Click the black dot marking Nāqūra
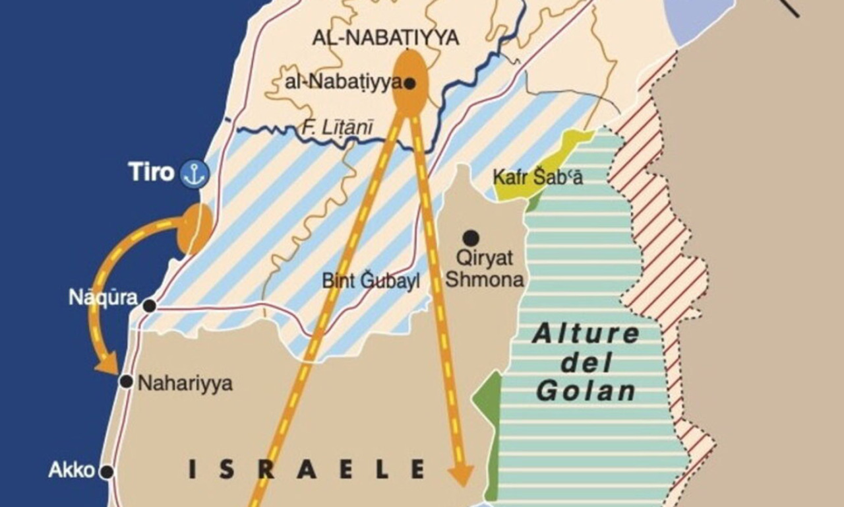click(x=150, y=306)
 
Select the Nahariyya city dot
click(x=126, y=381)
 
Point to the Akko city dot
click(x=105, y=472)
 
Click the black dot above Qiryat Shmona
click(x=470, y=238)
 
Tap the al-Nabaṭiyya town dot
click(x=409, y=83)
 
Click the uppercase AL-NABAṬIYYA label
click(x=386, y=38)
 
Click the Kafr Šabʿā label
click(x=538, y=178)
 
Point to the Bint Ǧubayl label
click(x=371, y=281)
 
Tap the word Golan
click(x=586, y=391)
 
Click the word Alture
click(x=586, y=334)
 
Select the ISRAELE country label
click(x=307, y=469)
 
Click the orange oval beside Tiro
click(x=195, y=228)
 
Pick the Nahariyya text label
click(x=185, y=384)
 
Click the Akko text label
click(x=71, y=471)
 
